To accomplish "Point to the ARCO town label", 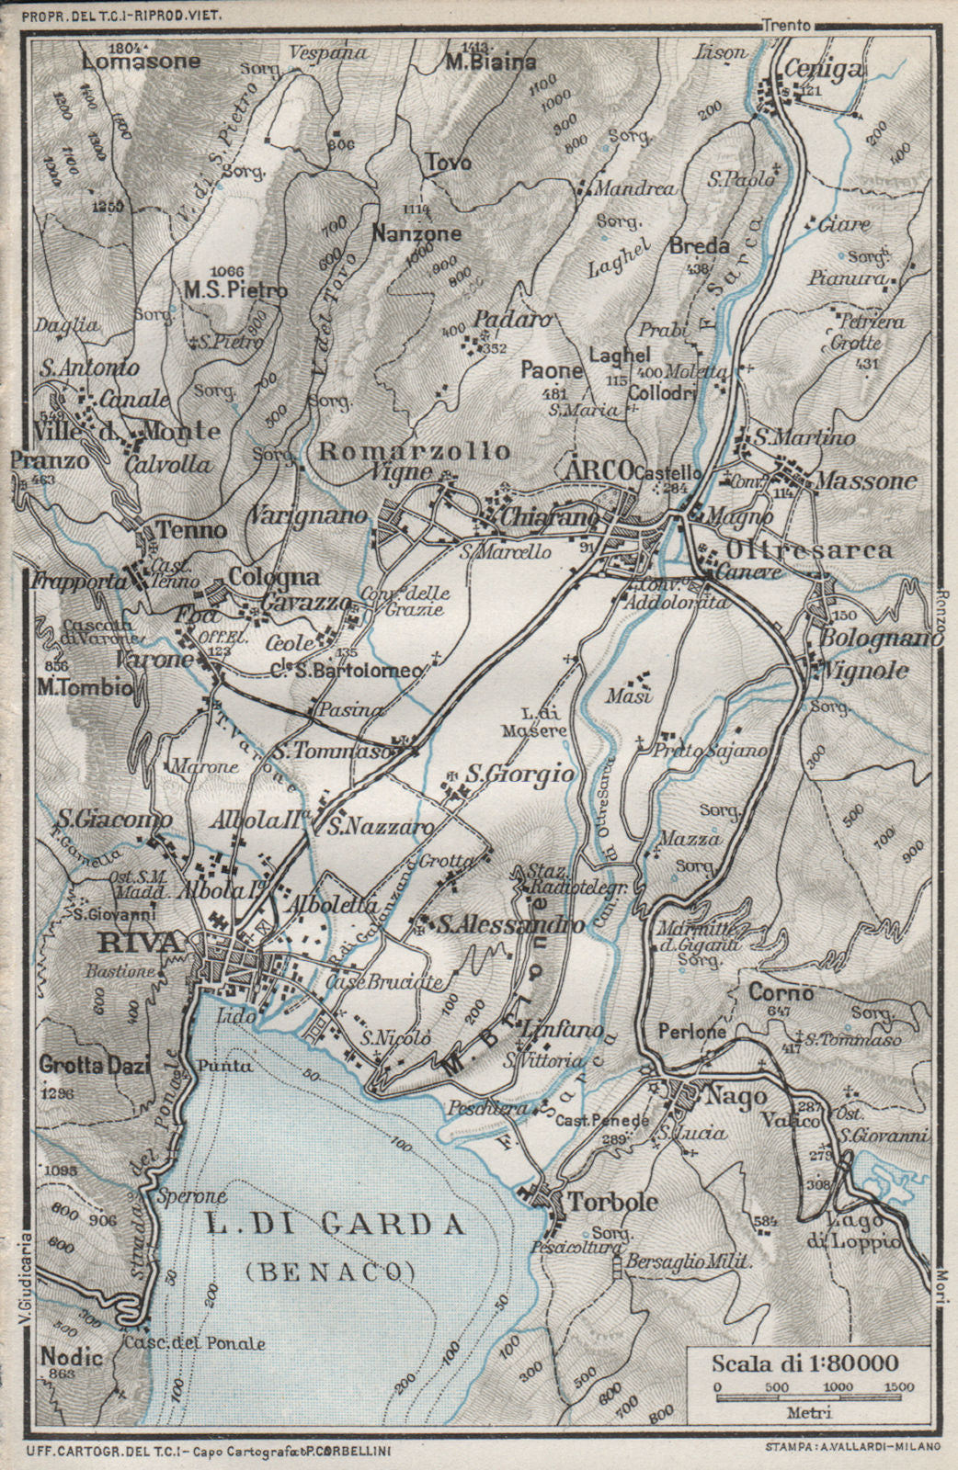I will [599, 469].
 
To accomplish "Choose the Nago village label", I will [723, 1096].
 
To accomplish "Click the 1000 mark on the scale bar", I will [837, 1386].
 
